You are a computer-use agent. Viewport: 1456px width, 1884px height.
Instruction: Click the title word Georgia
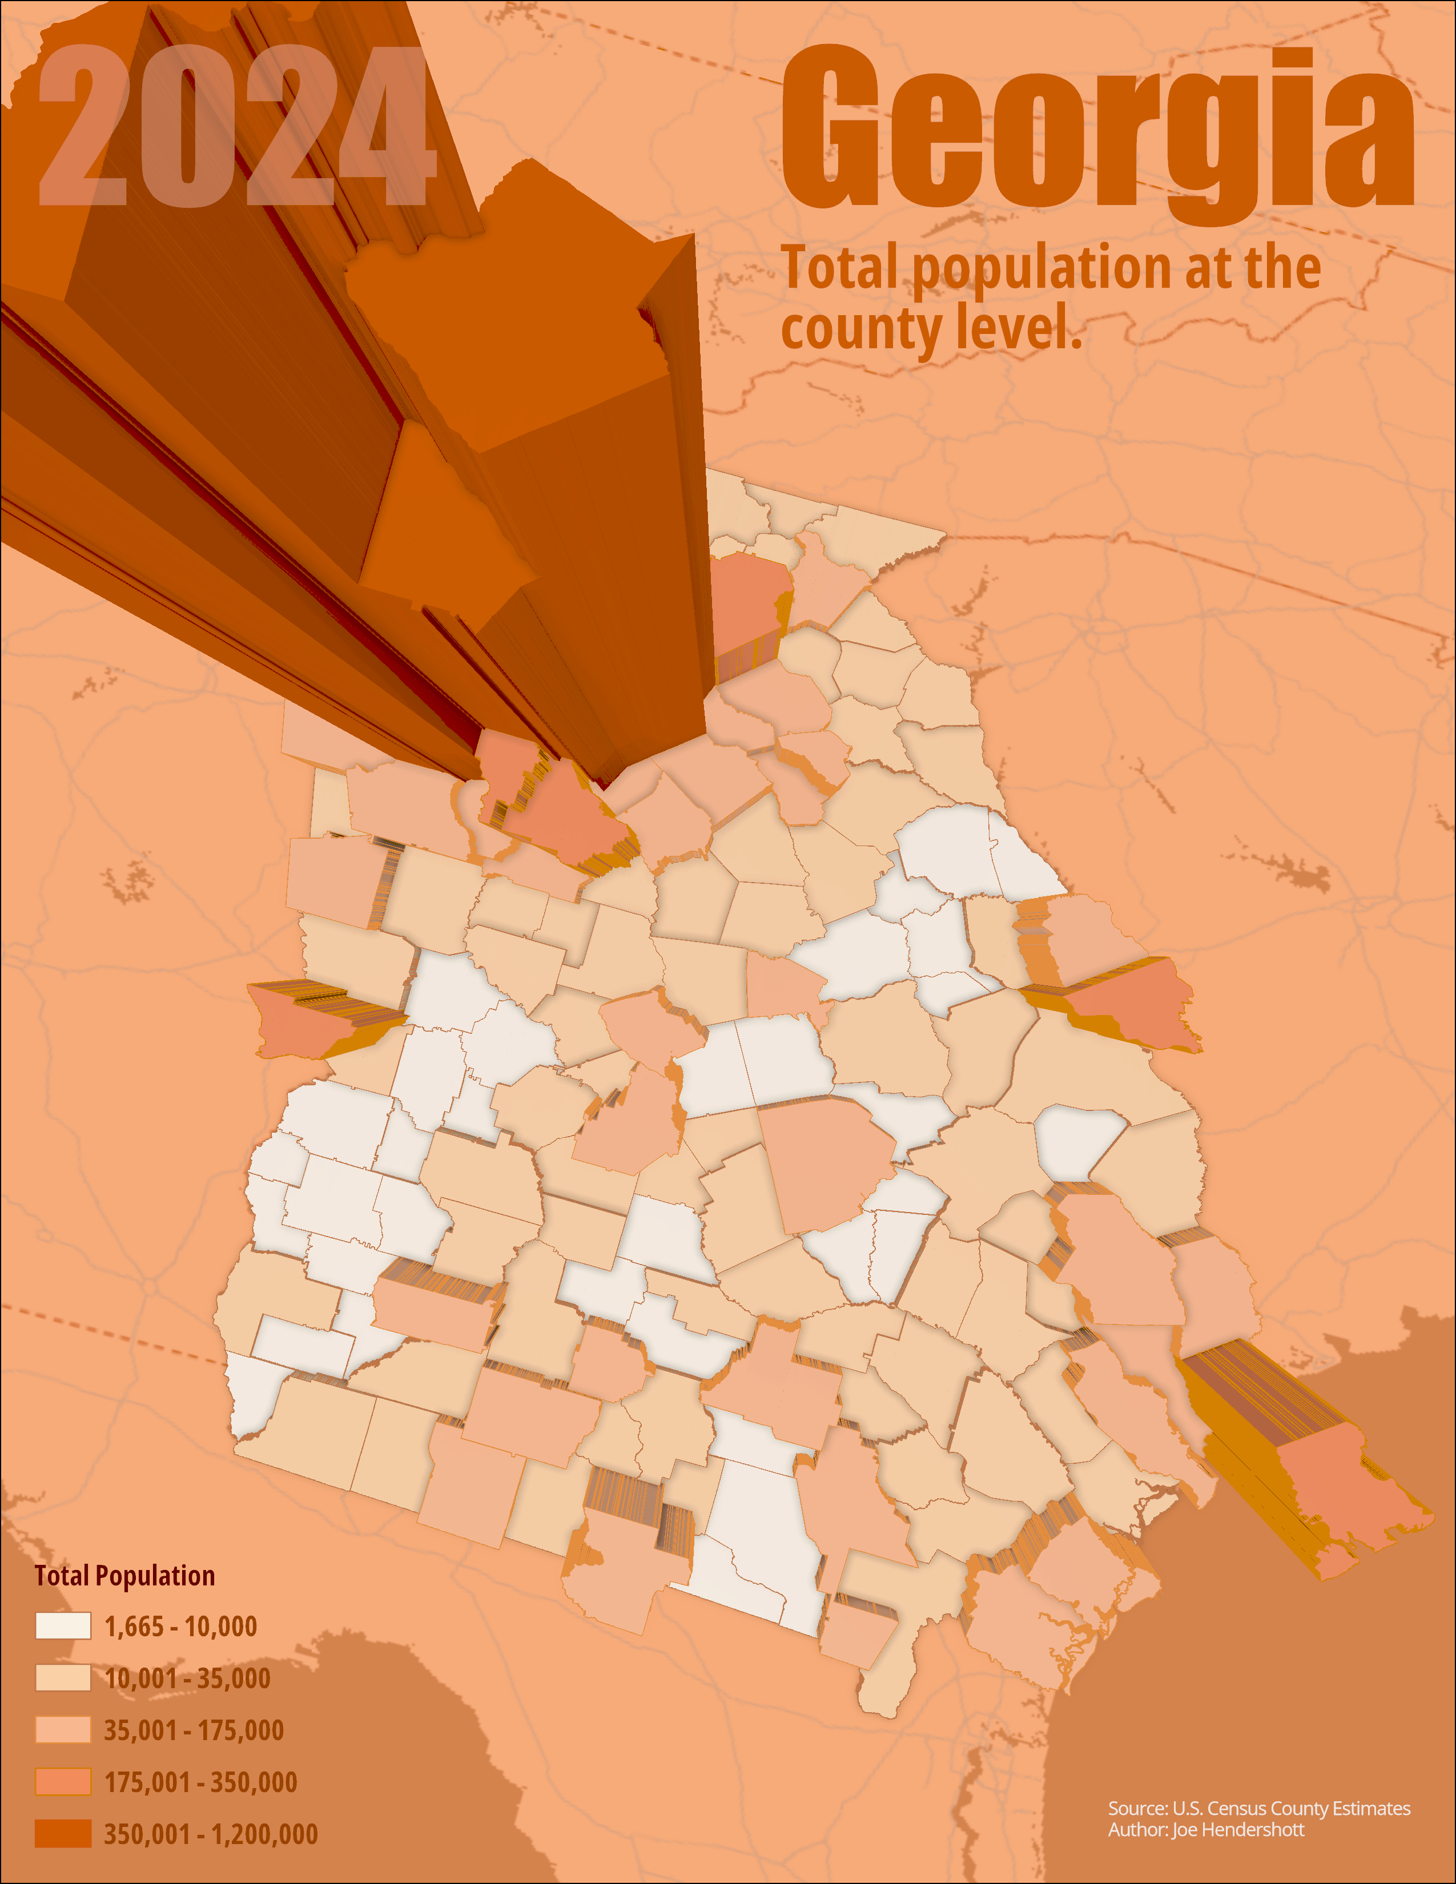(1096, 130)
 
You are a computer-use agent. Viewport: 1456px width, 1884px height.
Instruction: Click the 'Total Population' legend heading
(125, 1576)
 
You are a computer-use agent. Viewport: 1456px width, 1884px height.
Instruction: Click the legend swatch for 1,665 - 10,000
(63, 1626)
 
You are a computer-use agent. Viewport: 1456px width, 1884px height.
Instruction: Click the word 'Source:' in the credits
(1137, 1808)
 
